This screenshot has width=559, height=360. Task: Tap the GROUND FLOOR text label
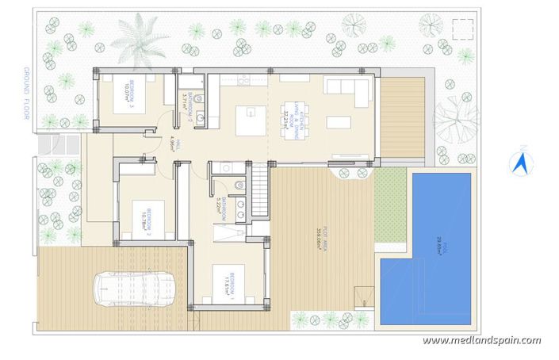pyautogui.click(x=26, y=93)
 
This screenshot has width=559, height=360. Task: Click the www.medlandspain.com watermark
pyautogui.click(x=481, y=340)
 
